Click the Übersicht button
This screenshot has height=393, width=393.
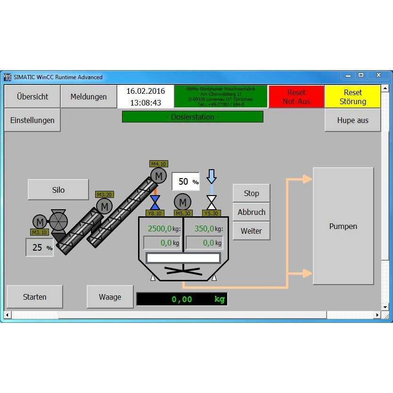[33, 97]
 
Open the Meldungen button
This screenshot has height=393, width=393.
[89, 97]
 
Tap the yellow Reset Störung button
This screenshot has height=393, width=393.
[352, 97]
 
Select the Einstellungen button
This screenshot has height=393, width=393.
[33, 120]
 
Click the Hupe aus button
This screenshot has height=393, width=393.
[352, 120]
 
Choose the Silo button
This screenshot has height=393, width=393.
[58, 190]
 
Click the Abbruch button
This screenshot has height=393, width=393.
[252, 212]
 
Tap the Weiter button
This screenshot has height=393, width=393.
[252, 231]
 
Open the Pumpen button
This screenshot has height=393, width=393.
[343, 226]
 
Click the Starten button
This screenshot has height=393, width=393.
[35, 297]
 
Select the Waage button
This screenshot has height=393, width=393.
[110, 297]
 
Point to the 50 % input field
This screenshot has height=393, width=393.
[185, 182]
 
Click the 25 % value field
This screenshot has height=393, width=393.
[40, 247]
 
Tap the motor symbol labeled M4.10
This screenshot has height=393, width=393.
[158, 176]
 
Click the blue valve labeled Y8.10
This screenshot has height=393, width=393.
[155, 202]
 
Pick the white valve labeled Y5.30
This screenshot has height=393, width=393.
[212, 202]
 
